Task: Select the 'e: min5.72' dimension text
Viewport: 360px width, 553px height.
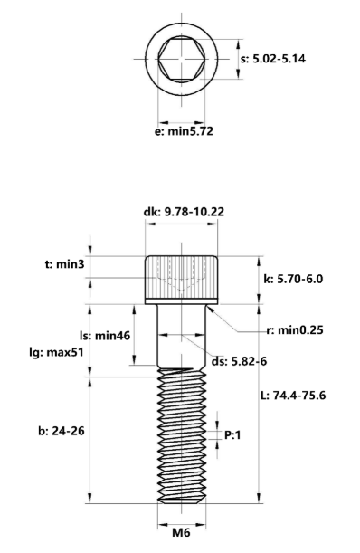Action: (185, 130)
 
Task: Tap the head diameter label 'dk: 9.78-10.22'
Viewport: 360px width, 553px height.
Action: (185, 211)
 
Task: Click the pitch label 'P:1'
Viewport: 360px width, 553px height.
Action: (233, 435)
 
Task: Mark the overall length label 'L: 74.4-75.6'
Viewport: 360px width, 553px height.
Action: (290, 396)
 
